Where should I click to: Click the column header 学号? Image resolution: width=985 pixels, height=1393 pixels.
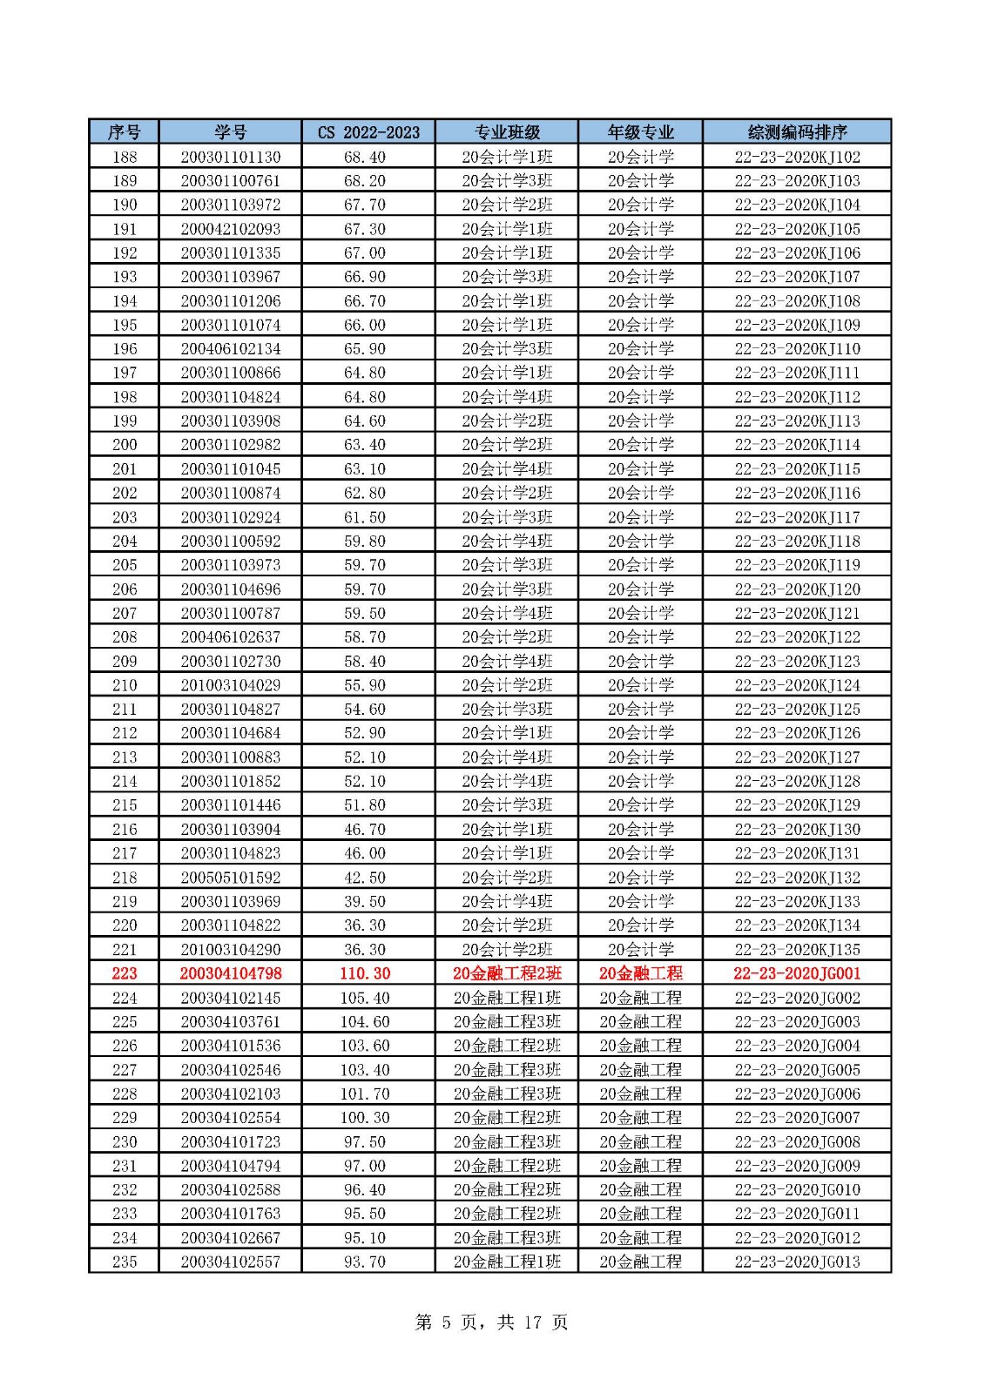pos(230,132)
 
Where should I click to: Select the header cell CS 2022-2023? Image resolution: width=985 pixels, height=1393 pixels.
pos(368,132)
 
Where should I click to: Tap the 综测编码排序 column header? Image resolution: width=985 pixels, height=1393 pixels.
pos(797,132)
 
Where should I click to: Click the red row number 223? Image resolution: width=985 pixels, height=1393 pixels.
pos(125,973)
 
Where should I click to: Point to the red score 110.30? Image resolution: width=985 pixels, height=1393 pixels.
pos(365,973)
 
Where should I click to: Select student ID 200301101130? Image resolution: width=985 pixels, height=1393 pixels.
pos(230,157)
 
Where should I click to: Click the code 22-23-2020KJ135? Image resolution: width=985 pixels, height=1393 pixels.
pos(797,949)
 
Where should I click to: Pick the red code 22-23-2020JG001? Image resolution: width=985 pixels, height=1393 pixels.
pos(797,973)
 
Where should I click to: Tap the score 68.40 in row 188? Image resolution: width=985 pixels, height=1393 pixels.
pos(365,157)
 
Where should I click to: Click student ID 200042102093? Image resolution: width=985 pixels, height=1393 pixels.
pos(230,229)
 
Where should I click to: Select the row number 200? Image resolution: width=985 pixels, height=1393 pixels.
pos(125,445)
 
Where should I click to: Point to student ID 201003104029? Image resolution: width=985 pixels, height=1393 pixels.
pos(230,685)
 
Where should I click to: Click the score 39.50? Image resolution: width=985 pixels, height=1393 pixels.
pos(365,901)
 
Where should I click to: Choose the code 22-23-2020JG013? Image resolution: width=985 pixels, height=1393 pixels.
pos(797,1262)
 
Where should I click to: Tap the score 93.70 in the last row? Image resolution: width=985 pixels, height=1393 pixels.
pos(365,1262)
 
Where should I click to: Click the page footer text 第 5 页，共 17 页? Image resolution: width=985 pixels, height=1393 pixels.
pos(492,1322)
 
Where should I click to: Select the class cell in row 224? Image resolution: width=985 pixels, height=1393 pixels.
pos(507,998)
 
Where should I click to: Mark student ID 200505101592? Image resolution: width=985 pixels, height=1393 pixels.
pos(230,878)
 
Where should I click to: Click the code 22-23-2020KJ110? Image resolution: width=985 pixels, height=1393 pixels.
pos(797,349)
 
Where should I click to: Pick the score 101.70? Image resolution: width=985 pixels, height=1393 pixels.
pos(365,1094)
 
